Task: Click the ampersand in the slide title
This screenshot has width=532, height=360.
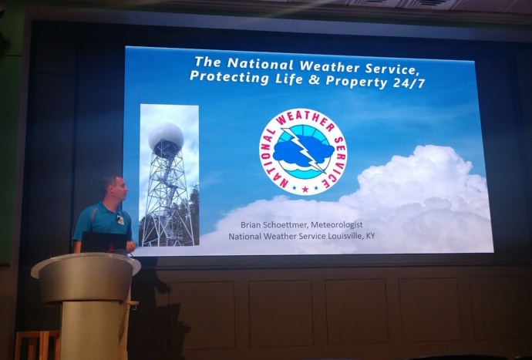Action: pos(314,79)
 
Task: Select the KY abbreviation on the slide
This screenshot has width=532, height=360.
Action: pos(370,236)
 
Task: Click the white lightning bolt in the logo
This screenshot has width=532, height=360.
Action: pos(304,150)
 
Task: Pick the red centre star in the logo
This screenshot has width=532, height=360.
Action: pos(305,189)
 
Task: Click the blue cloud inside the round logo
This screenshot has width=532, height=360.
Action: pos(303,151)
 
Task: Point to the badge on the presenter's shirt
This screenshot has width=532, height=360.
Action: pos(120,219)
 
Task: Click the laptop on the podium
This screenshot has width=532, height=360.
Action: pos(103,242)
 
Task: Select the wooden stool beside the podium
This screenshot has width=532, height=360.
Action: pos(37,345)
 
